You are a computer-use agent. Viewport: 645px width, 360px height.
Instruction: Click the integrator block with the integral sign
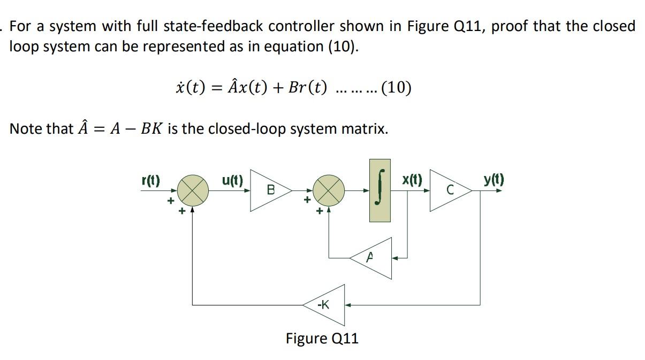coord(380,190)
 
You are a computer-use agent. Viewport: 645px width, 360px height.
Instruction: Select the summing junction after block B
coord(328,190)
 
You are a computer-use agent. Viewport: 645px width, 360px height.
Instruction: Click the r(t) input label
coord(150,180)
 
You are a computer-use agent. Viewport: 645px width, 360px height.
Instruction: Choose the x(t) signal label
coord(412,180)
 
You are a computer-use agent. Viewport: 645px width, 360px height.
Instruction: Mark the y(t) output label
coord(494,180)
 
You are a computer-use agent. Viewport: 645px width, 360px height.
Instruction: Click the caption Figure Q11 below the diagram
coord(322,339)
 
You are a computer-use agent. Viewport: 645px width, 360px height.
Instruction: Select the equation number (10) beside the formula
coord(396,87)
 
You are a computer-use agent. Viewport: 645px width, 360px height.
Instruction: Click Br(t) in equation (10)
coord(307,87)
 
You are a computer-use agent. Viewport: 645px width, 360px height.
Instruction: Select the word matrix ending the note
coord(368,129)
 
